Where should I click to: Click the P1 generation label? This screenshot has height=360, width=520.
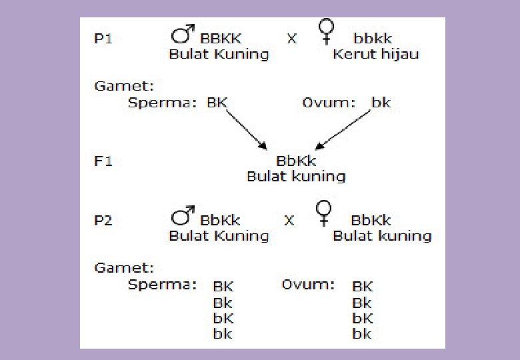click(x=103, y=38)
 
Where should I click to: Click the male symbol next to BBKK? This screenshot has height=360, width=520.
click(x=182, y=34)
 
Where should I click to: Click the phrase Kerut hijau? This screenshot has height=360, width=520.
click(x=376, y=54)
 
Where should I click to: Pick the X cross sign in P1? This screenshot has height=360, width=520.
click(x=291, y=39)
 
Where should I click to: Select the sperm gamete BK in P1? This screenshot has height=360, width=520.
click(x=217, y=103)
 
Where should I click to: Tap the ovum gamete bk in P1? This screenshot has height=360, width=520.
click(x=381, y=103)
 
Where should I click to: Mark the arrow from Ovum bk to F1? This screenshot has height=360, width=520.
click(x=344, y=130)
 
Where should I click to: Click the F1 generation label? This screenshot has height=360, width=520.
click(x=103, y=161)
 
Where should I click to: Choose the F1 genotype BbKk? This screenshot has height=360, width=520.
click(x=296, y=161)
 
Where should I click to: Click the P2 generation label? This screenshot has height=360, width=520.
click(x=103, y=220)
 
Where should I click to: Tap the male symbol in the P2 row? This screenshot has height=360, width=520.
click(x=181, y=217)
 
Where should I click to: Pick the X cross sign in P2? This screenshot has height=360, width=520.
click(x=289, y=221)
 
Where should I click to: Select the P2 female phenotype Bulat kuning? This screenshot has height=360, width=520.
click(x=382, y=236)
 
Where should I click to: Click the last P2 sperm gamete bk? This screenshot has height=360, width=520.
click(x=223, y=334)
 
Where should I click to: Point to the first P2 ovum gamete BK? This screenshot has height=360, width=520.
click(x=363, y=287)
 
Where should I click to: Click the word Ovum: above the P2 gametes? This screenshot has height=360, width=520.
click(x=308, y=285)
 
